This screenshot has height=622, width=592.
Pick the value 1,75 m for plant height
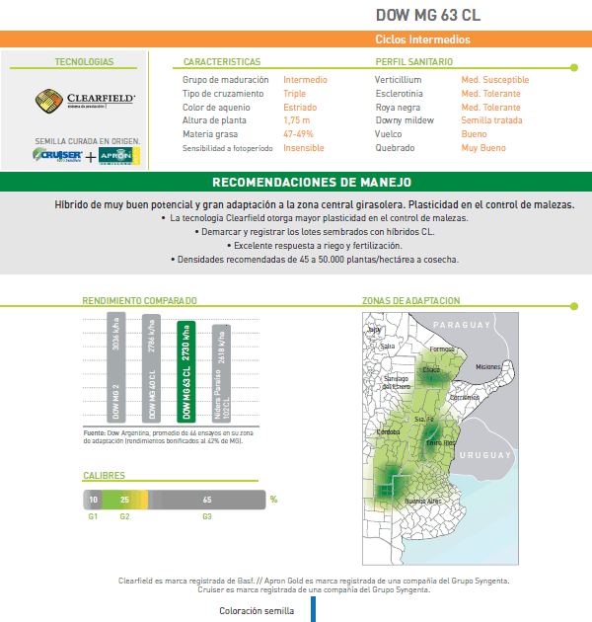pyautogui.click(x=297, y=120)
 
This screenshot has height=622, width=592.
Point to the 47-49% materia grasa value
pyautogui.click(x=300, y=133)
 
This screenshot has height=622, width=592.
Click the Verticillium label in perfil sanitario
pyautogui.click(x=399, y=80)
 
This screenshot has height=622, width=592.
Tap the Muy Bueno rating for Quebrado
pyautogui.click(x=483, y=147)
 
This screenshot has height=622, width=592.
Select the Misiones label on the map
pyautogui.click(x=488, y=366)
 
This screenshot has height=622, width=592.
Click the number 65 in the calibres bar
pyautogui.click(x=207, y=500)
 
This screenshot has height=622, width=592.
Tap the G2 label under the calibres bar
pyautogui.click(x=123, y=516)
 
